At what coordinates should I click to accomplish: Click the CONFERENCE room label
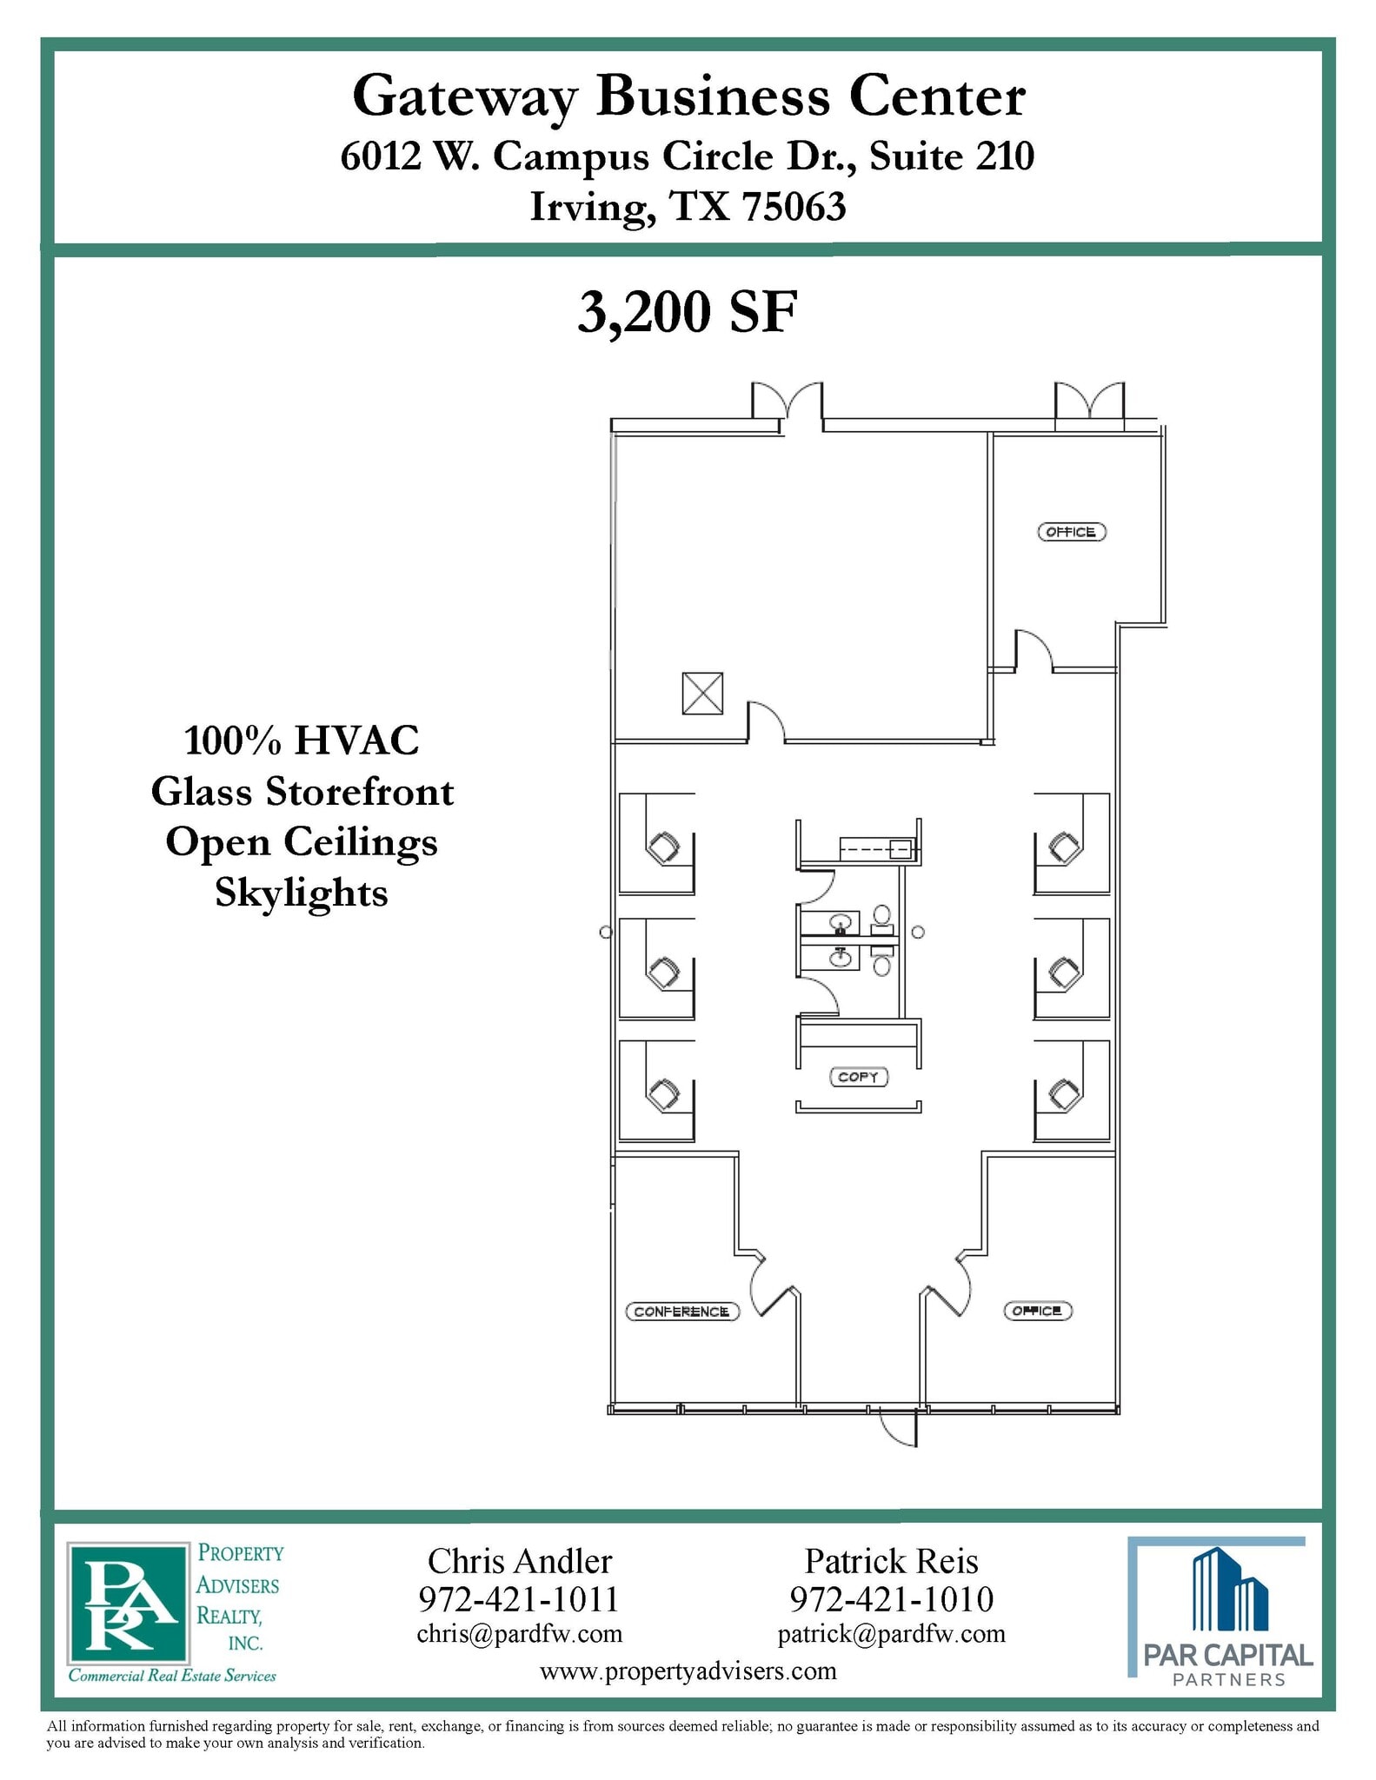pyautogui.click(x=682, y=1312)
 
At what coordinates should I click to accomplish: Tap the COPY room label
pyautogui.click(x=858, y=1077)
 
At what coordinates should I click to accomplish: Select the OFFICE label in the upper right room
pyautogui.click(x=1072, y=532)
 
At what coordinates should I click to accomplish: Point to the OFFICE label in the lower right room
pyautogui.click(x=1037, y=1311)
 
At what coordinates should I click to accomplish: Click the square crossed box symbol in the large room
pyautogui.click(x=702, y=694)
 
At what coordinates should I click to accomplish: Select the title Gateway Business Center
pyautogui.click(x=688, y=96)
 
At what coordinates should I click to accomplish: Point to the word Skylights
pyautogui.click(x=302, y=893)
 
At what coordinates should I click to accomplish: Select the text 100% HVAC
pyautogui.click(x=302, y=741)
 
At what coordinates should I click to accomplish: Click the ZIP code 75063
pyautogui.click(x=794, y=207)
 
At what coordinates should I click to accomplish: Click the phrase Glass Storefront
pyautogui.click(x=302, y=792)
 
